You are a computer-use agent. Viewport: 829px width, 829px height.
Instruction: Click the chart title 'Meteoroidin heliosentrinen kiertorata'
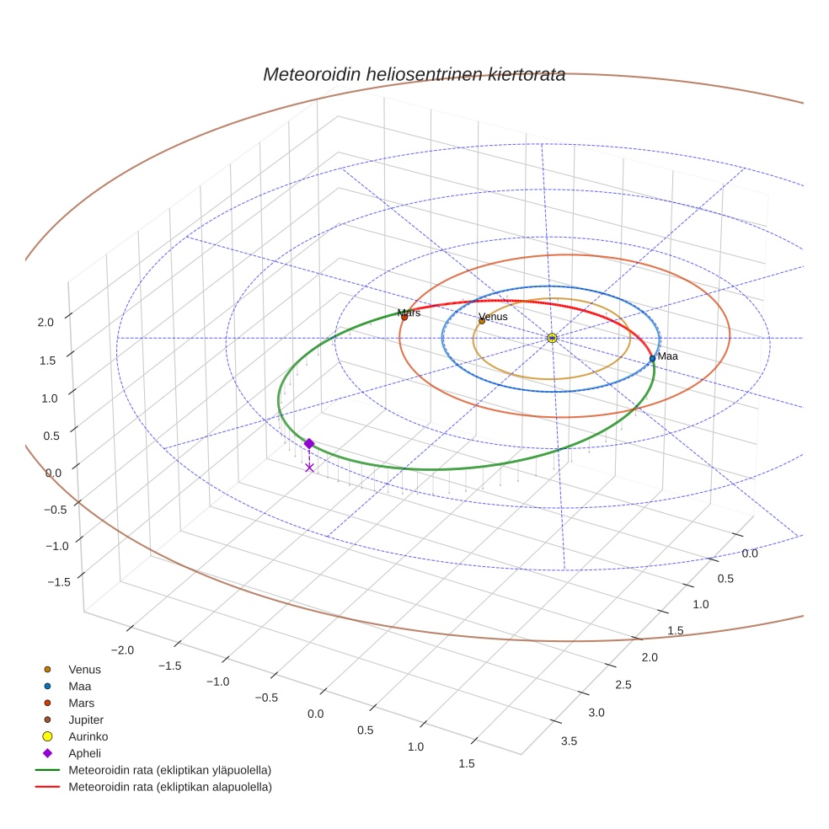point(414,75)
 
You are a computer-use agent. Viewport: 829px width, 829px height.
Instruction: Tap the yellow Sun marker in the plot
point(552,338)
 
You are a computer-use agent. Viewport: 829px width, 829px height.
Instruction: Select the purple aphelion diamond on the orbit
point(309,443)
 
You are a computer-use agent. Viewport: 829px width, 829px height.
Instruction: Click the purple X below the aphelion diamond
point(309,467)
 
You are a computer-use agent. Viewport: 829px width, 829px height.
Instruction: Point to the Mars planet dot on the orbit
point(404,318)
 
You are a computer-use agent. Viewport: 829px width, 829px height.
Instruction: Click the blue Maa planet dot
point(652,359)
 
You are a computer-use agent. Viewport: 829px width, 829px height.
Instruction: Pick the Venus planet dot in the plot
point(482,321)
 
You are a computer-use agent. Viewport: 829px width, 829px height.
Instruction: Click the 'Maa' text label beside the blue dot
point(667,356)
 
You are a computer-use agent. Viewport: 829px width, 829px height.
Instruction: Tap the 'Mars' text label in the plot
point(409,313)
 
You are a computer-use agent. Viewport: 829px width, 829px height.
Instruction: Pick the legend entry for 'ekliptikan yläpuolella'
point(169,770)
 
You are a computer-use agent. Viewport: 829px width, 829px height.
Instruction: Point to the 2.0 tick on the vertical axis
point(45,322)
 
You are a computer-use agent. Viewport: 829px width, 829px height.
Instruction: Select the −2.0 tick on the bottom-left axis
point(123,650)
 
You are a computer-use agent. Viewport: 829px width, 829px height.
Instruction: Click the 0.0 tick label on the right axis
point(749,554)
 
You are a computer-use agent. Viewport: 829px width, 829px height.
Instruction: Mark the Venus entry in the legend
point(84,670)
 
